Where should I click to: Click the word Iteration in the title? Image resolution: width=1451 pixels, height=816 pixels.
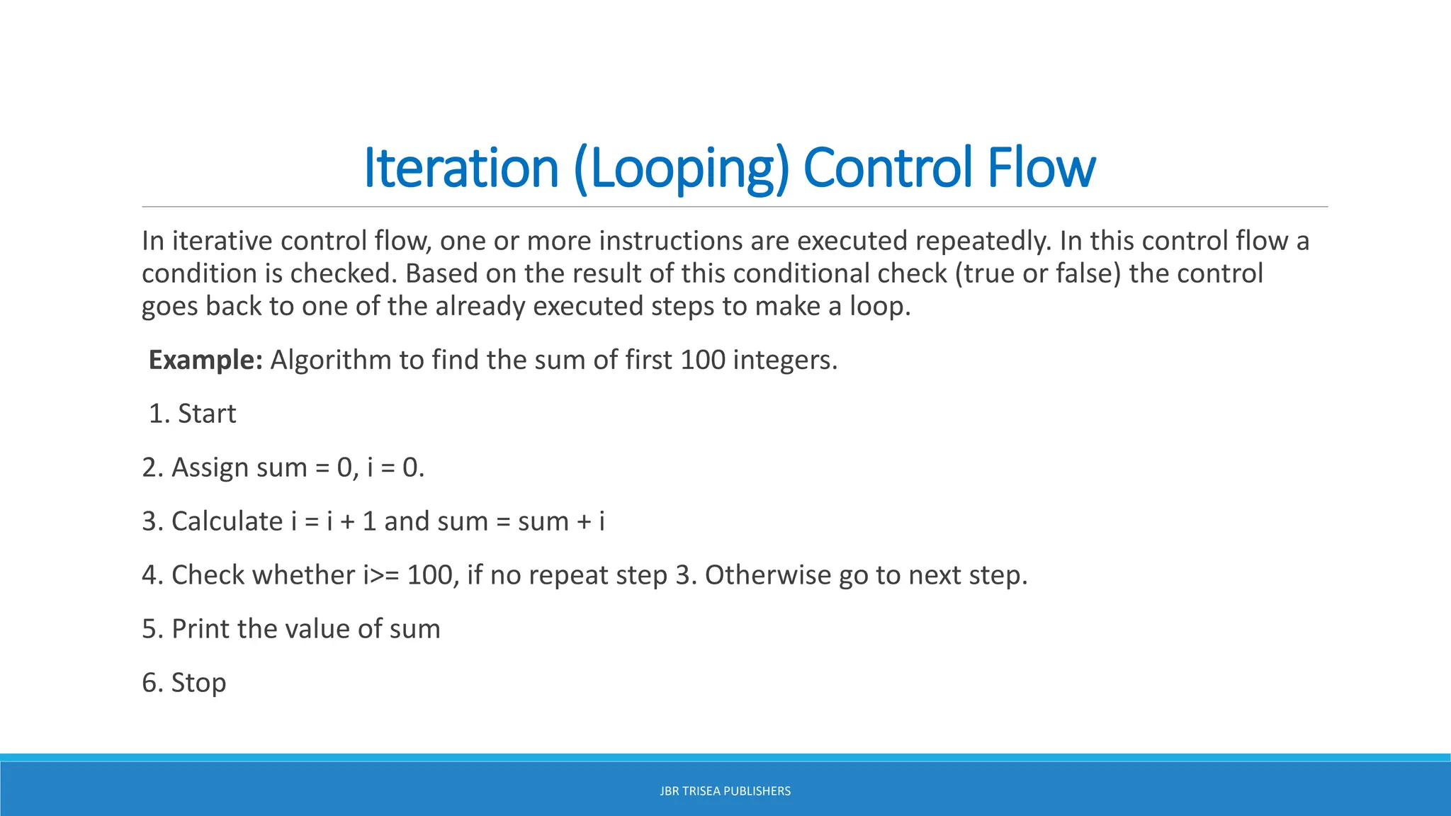[x=461, y=168]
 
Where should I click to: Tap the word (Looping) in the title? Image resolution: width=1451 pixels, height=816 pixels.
[x=681, y=168]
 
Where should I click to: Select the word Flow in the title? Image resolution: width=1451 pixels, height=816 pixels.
[x=1041, y=168]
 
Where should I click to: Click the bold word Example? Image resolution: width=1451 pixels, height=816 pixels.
[x=205, y=360]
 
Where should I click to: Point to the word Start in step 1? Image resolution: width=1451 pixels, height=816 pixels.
[x=207, y=414]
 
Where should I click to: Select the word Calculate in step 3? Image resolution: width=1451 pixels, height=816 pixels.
[x=227, y=521]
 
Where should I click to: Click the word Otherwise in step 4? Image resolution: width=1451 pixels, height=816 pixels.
[x=768, y=575]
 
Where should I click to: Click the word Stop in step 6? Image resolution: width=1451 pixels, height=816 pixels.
[x=198, y=683]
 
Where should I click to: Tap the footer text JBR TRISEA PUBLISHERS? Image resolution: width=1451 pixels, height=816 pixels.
[x=725, y=791]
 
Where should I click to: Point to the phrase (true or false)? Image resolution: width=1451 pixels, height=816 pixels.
[x=1038, y=273]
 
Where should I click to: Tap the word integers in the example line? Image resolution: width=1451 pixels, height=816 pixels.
[x=784, y=360]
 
